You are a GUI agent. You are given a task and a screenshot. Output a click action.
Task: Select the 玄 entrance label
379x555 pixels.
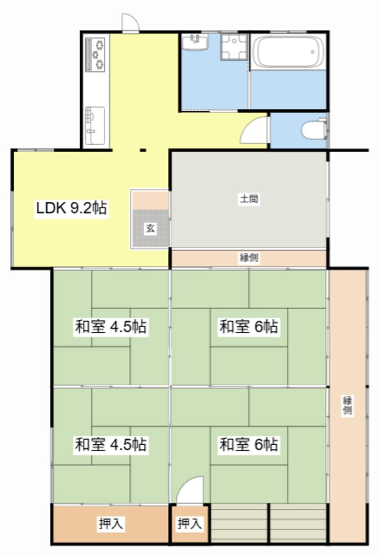click(x=150, y=228)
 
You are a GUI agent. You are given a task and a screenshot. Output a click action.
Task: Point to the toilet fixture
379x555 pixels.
click(x=313, y=130)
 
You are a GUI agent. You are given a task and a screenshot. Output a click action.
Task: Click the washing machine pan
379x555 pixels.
click(x=233, y=47)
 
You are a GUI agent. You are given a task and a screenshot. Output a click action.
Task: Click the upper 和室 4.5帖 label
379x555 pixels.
click(x=110, y=327)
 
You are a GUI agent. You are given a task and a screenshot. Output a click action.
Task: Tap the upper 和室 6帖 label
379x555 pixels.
click(x=248, y=327)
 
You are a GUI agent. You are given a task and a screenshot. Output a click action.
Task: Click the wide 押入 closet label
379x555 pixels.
click(x=111, y=523)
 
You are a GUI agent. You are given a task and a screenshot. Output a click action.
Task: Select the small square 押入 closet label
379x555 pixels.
click(x=189, y=523)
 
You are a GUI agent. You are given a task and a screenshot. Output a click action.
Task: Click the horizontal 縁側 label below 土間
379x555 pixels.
click(x=249, y=258)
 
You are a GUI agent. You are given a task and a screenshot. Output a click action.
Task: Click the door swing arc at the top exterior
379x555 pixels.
click(x=129, y=22)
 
